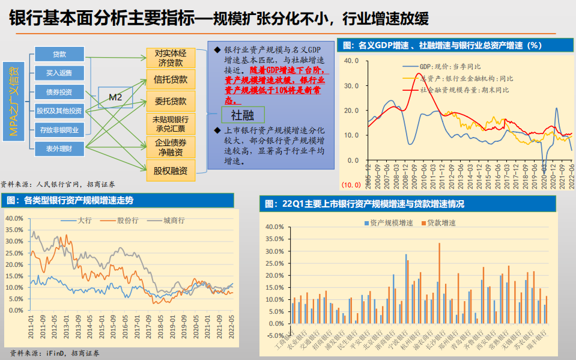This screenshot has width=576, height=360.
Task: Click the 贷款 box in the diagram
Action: [x=59, y=54]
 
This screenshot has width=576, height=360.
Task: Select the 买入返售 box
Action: [x=59, y=73]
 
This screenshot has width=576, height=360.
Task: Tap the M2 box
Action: [x=115, y=97]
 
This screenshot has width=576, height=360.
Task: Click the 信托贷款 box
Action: [x=171, y=79]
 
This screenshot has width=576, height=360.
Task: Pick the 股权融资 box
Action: [x=171, y=171]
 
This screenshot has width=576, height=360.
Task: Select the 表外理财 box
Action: [x=59, y=148]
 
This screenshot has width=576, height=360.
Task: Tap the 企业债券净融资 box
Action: [x=171, y=147]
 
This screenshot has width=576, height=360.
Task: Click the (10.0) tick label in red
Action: [x=351, y=184]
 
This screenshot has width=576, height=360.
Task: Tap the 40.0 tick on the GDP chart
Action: [x=351, y=60]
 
